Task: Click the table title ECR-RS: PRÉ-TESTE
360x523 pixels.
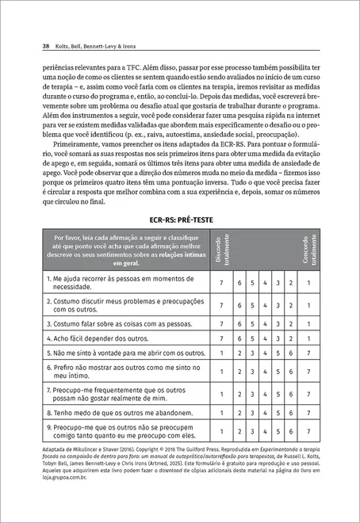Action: pyautogui.click(x=180, y=218)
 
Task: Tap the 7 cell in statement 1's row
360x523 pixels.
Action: pyautogui.click(x=221, y=282)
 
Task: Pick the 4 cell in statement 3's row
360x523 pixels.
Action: pyautogui.click(x=263, y=323)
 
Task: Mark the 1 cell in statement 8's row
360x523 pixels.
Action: pyautogui.click(x=221, y=413)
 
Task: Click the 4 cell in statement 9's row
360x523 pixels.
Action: pyautogui.click(x=263, y=432)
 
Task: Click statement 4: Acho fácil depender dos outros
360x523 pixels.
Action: pyautogui.click(x=98, y=338)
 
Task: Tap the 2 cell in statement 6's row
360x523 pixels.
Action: pyautogui.click(x=236, y=371)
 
